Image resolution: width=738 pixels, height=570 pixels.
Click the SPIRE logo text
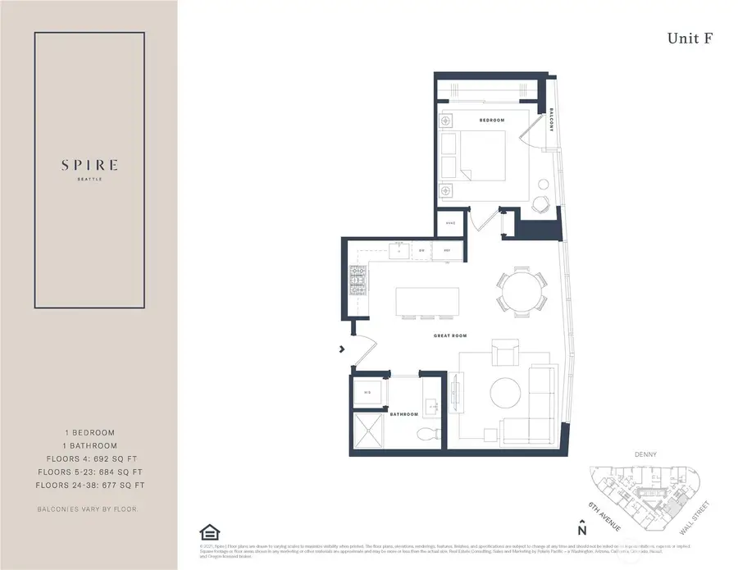89,165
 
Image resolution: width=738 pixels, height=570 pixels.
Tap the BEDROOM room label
492,121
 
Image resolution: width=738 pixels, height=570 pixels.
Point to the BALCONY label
552,121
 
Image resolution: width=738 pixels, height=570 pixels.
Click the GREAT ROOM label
450,336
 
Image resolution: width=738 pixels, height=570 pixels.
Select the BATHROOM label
404,415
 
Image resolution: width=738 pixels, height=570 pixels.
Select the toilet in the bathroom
426,435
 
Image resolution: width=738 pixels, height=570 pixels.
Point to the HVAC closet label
450,223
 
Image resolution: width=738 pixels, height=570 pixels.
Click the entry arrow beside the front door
342,351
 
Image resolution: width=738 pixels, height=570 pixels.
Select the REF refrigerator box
448,250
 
